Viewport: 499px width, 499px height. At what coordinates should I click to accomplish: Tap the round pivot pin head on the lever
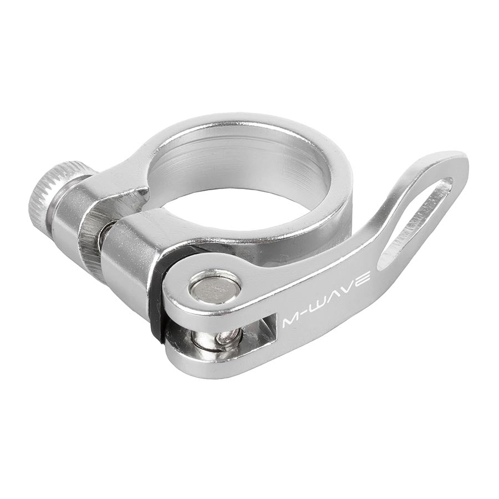tap(215, 287)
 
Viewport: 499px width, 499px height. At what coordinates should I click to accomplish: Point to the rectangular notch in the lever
tap(261, 330)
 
